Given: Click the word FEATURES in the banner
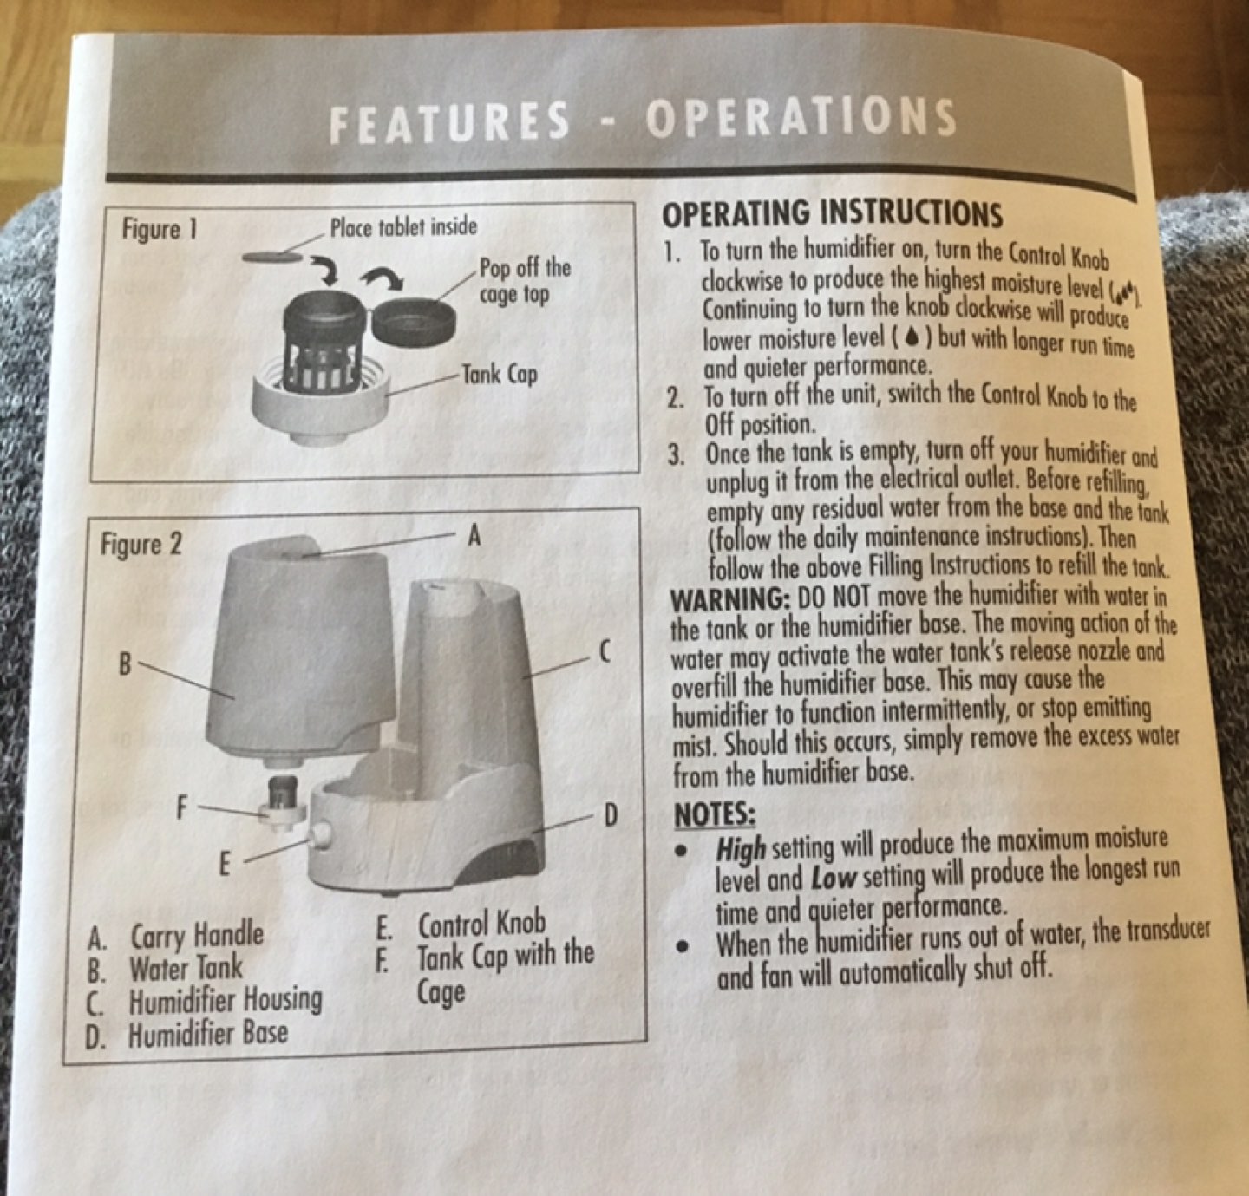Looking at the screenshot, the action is (448, 121).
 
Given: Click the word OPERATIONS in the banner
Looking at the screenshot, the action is (801, 118).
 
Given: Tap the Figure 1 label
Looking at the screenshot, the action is (160, 229).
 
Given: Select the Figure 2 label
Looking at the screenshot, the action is (141, 545).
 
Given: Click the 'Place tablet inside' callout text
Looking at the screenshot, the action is (403, 225).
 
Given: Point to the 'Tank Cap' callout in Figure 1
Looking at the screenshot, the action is (500, 374).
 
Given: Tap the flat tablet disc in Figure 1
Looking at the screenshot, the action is (272, 257).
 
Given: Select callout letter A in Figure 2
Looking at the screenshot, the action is (474, 535).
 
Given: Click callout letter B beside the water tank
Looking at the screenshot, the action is (125, 664).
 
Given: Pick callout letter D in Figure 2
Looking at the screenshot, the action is (611, 816).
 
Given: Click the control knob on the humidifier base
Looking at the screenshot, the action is (319, 833).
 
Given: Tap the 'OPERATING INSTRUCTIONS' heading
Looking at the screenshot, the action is (831, 214).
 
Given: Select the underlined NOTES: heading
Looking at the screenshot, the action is (715, 815).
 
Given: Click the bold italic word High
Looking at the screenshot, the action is (742, 850).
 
